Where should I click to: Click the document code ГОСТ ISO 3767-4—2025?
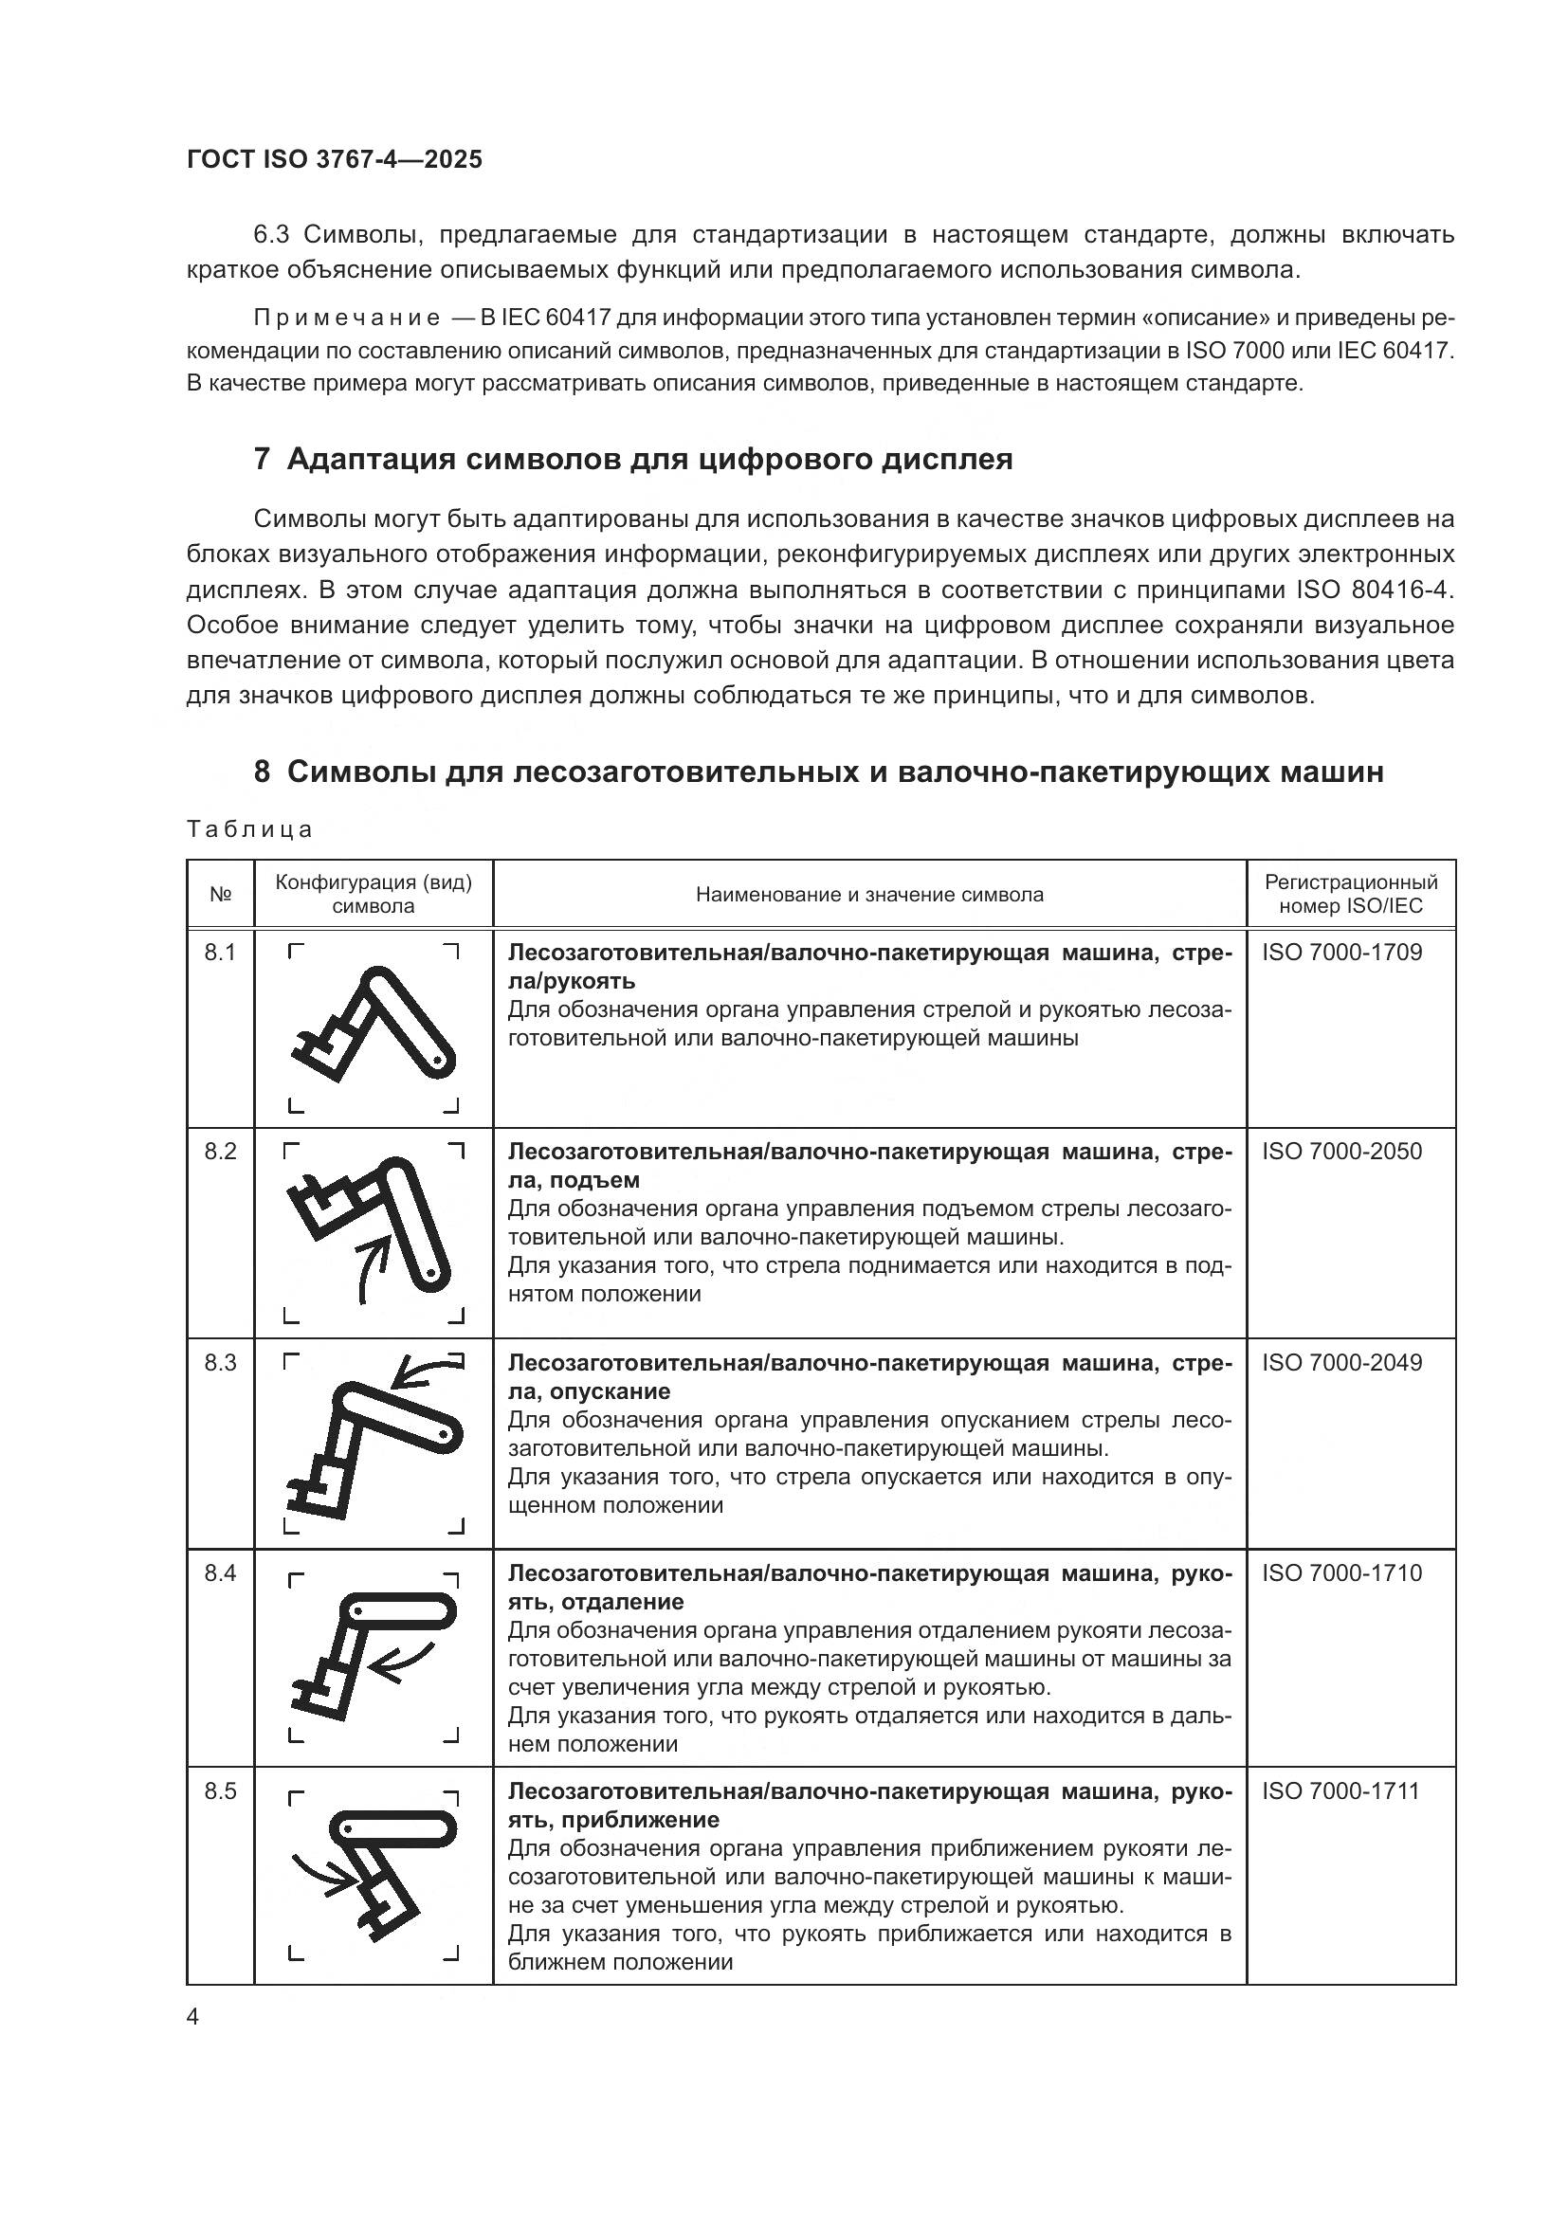coord(334,159)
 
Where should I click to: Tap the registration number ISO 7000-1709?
coord(1341,952)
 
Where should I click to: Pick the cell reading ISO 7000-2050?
coord(1341,1151)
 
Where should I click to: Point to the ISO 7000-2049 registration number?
coord(1341,1362)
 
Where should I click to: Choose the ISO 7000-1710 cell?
coord(1341,1573)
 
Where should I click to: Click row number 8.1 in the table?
coord(220,953)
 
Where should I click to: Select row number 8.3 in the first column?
coord(220,1362)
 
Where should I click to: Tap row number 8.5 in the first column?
coord(220,1791)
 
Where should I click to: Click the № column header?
coord(220,894)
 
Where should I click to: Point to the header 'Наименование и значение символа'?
coord(869,894)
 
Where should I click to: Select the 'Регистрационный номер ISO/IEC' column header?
coord(1351,893)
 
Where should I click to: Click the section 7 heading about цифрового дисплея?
coord(632,459)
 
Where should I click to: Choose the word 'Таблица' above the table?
coord(249,829)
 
